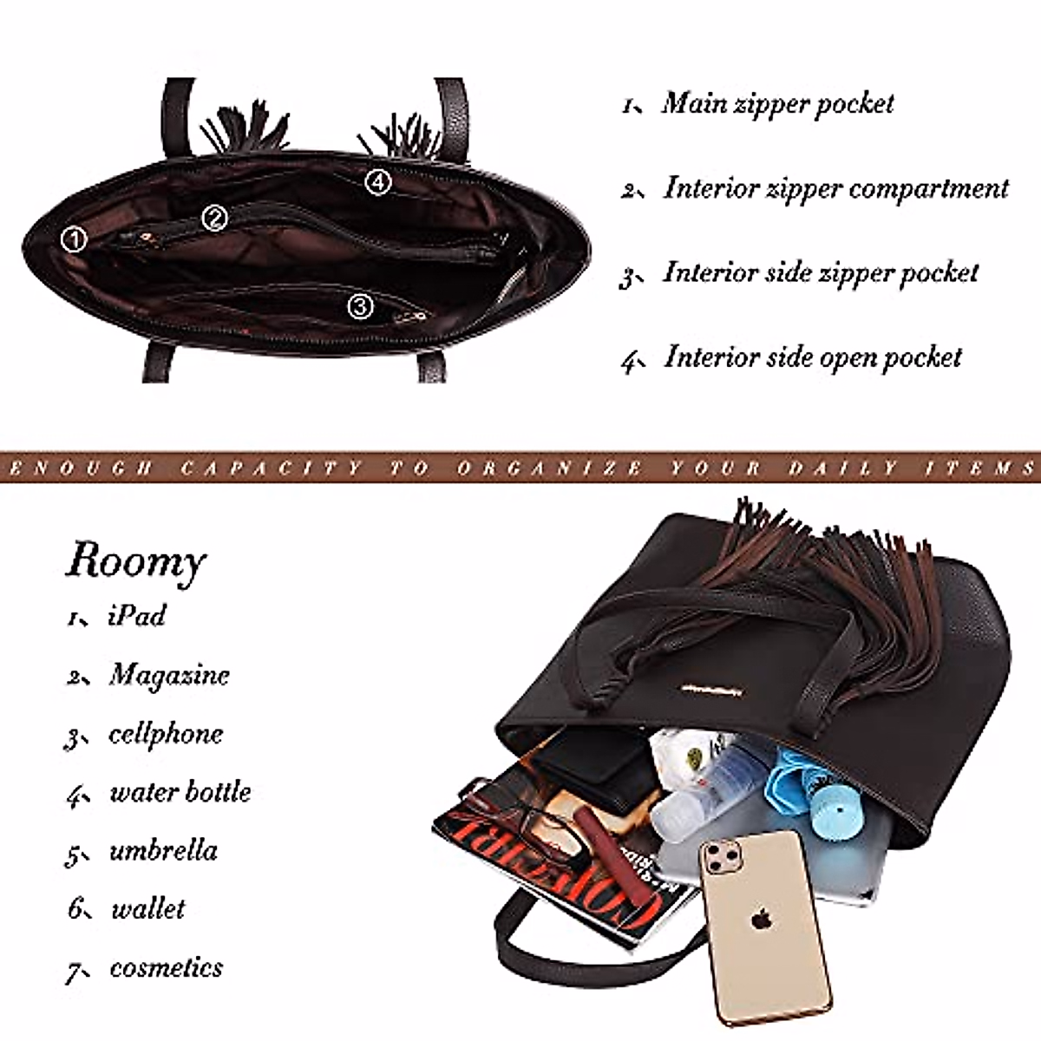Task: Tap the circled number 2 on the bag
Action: pyautogui.click(x=215, y=219)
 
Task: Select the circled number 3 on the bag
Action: pyautogui.click(x=360, y=305)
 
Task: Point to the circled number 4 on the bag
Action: pyautogui.click(x=378, y=182)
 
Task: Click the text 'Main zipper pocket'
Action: pyautogui.click(x=777, y=104)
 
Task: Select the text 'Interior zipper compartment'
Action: pyautogui.click(x=836, y=188)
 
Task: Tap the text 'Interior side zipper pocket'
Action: pyautogui.click(x=821, y=272)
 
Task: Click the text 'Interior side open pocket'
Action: pyautogui.click(x=813, y=357)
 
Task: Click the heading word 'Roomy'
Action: pyautogui.click(x=136, y=561)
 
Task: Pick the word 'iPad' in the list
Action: pyautogui.click(x=137, y=616)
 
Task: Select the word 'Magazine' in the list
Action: pyautogui.click(x=169, y=675)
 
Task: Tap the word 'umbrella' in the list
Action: pyautogui.click(x=163, y=850)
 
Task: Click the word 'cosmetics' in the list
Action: pyautogui.click(x=166, y=967)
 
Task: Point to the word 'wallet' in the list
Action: pyautogui.click(x=148, y=908)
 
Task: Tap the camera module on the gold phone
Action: pyautogui.click(x=723, y=860)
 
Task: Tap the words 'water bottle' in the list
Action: pyautogui.click(x=180, y=792)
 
